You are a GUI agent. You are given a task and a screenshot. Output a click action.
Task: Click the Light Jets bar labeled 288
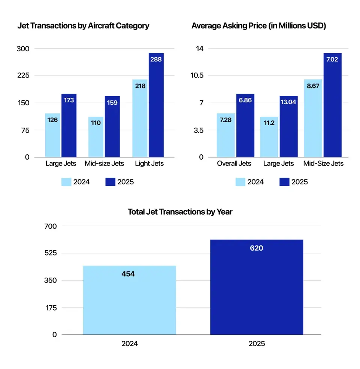pos(156,105)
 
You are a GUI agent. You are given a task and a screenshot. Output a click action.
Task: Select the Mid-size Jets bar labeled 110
pos(96,137)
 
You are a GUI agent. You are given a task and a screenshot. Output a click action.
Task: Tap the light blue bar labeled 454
pos(129,300)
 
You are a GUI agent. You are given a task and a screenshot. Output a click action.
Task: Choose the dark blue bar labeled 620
pos(256,287)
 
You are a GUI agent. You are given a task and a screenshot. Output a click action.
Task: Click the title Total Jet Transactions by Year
pos(180,212)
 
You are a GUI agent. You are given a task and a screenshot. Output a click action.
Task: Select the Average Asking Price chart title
pos(258,26)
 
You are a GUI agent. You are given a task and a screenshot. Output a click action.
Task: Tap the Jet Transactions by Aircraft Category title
pos(83,26)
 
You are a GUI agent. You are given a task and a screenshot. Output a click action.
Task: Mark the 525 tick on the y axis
pos(49,253)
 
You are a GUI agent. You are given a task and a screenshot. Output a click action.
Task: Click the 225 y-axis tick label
pos(22,76)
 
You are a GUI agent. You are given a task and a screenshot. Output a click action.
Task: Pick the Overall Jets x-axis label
pos(234,164)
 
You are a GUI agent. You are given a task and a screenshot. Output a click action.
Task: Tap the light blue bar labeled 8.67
pos(312,118)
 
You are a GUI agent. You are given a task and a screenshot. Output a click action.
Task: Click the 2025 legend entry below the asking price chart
pos(294,182)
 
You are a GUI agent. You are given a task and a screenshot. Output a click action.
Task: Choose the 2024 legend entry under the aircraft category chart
pos(76,182)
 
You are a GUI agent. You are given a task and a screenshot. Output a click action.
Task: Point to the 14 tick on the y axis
pos(199,49)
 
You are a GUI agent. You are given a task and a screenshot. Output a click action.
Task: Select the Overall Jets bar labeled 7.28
pos(226,135)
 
